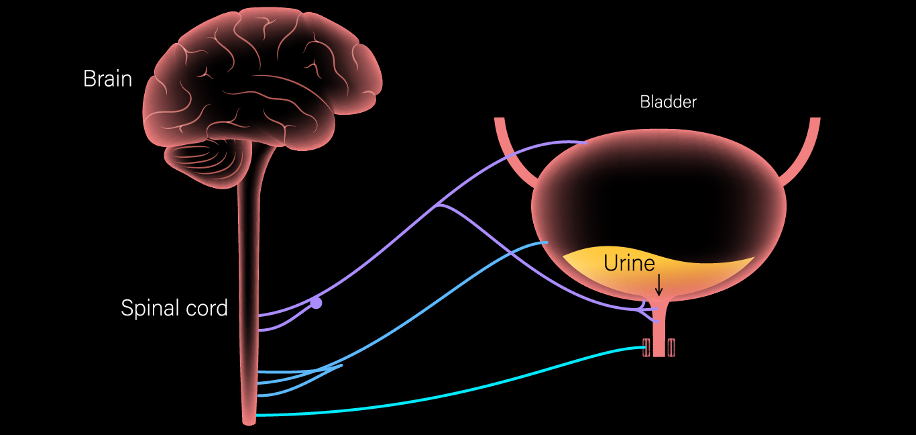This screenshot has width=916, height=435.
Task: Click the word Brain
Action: [107, 79]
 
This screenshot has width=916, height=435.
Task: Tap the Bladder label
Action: [668, 102]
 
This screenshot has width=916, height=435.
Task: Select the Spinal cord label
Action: [174, 308]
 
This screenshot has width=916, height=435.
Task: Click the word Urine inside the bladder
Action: [629, 263]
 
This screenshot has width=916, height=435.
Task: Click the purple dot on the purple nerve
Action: [316, 303]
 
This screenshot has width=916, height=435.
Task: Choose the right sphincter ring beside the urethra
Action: [671, 348]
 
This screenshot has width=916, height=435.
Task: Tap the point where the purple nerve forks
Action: [437, 205]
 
